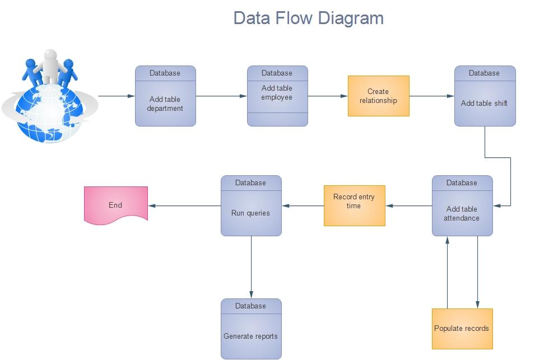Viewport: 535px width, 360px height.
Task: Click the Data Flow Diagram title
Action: tap(308, 18)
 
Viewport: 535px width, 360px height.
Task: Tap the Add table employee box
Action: tap(277, 96)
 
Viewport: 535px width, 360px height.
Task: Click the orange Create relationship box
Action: tap(378, 96)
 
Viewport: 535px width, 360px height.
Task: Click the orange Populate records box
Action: tap(462, 328)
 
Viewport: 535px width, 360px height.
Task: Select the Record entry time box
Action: tap(354, 206)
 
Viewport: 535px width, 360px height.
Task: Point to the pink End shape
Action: tap(116, 205)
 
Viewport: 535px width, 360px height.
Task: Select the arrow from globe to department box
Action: tap(116, 96)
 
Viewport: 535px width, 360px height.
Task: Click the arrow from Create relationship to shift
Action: tap(431, 96)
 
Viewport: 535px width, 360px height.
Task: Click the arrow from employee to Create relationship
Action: tap(328, 96)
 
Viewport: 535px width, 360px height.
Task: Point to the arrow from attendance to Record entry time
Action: tap(408, 206)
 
